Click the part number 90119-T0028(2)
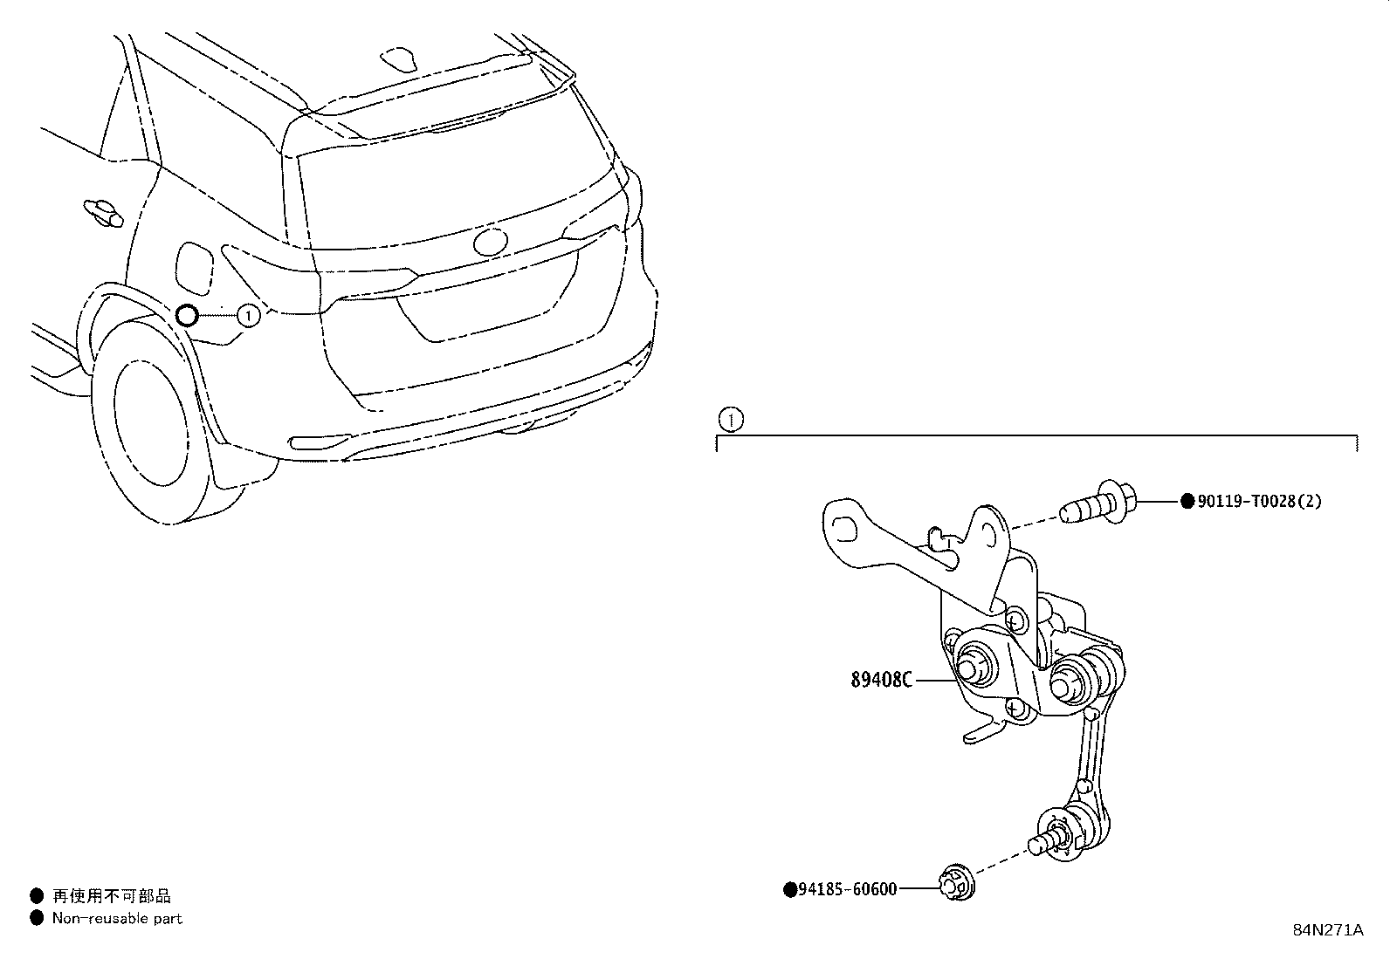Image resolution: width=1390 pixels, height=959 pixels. (1259, 501)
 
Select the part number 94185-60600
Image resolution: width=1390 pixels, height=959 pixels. (848, 889)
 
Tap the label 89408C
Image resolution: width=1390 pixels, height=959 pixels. (881, 680)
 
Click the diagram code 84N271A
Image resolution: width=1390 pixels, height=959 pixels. (1328, 930)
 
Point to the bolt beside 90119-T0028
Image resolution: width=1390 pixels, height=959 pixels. (1098, 502)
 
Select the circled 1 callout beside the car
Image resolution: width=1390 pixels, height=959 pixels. (248, 316)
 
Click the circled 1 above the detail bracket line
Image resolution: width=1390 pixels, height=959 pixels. (731, 420)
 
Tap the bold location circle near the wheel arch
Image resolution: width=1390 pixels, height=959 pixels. (187, 316)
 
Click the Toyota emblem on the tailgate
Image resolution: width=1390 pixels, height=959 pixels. (490, 242)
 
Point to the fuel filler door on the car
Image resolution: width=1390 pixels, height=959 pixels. (194, 269)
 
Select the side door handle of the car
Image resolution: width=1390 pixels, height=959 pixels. (103, 213)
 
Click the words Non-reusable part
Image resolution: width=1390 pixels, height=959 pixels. (117, 919)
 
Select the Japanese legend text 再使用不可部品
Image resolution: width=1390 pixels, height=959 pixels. (111, 895)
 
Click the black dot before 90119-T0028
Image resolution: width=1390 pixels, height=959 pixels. (1187, 501)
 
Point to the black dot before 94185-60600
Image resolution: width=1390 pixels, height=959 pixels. (790, 890)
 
